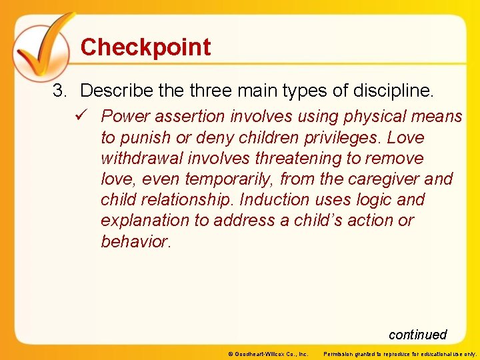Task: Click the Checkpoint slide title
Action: coord(145,47)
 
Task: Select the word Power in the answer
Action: coord(126,117)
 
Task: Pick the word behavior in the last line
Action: coord(135,241)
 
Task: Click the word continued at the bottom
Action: coord(417,335)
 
